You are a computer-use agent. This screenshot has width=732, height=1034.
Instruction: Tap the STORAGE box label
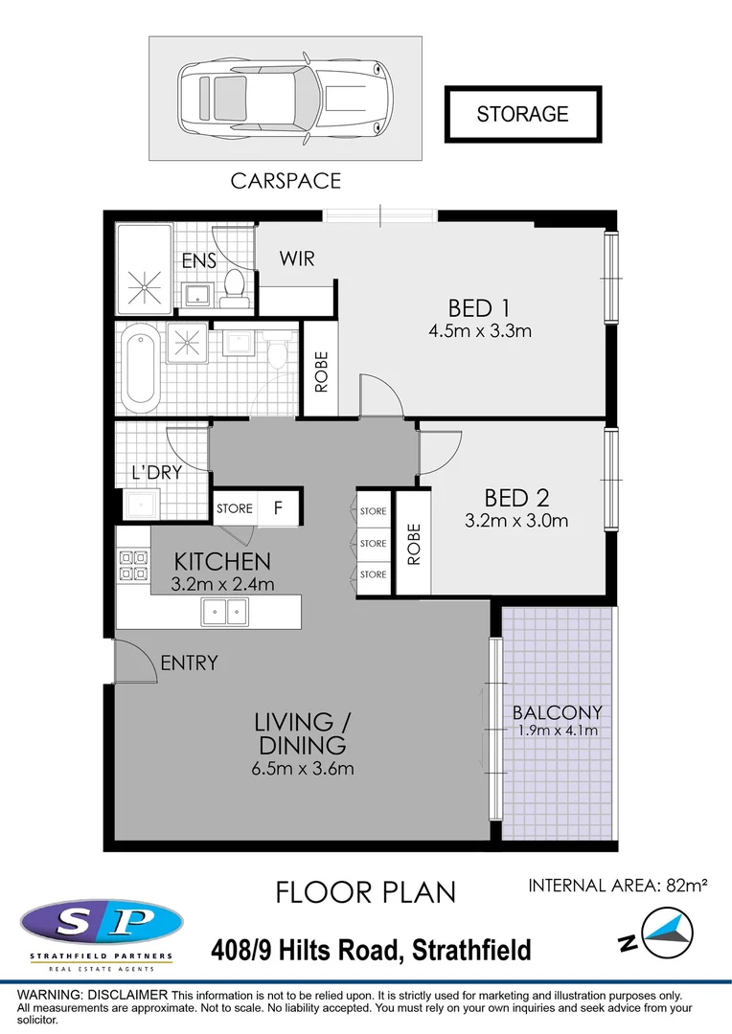(522, 114)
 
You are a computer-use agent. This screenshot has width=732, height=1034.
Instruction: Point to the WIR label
(297, 258)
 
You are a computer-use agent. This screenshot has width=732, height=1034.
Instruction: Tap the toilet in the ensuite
(234, 286)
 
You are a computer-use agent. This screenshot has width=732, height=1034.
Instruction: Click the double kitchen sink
(224, 610)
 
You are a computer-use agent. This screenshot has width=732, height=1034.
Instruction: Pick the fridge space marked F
(279, 508)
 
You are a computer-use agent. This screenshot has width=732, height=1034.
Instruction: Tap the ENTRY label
(189, 663)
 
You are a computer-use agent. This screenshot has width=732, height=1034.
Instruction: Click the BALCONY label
(557, 712)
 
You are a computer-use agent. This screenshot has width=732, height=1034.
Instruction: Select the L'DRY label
(157, 472)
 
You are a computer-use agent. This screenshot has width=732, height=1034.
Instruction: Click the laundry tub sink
(141, 504)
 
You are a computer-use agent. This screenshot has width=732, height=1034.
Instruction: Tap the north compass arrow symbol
(664, 932)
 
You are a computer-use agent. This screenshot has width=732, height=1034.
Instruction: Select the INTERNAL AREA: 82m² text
(617, 886)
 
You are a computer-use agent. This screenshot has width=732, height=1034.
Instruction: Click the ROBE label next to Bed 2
(414, 544)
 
